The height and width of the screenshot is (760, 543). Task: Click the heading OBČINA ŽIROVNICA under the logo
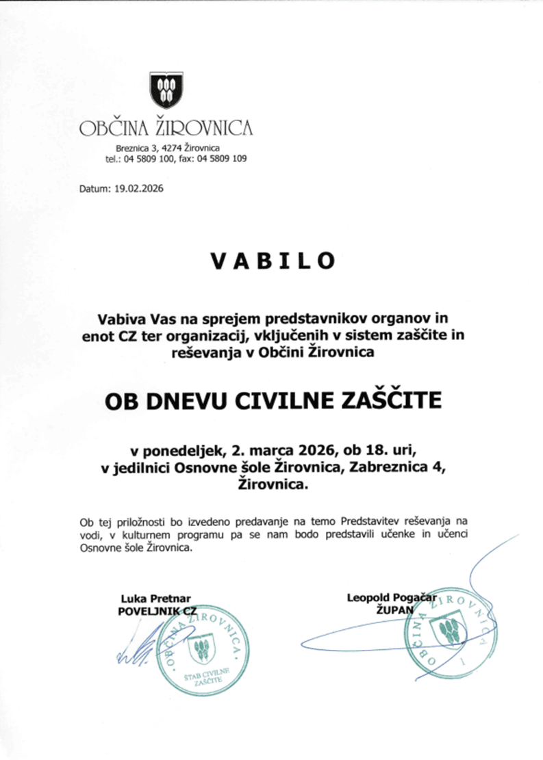166,128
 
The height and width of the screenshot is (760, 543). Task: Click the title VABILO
272,261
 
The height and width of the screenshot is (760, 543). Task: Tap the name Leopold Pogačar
392,597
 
